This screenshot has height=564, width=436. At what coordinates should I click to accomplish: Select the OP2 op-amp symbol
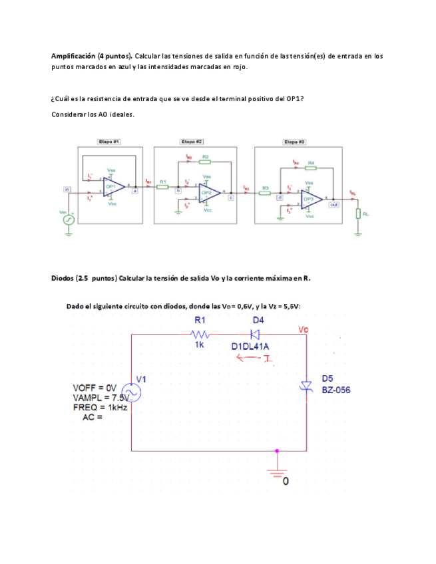tap(207, 193)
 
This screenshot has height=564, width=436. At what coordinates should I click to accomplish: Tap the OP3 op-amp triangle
tap(310, 199)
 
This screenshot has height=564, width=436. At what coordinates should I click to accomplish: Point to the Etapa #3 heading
tap(294, 142)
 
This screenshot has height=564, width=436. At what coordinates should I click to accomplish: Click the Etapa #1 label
tap(109, 142)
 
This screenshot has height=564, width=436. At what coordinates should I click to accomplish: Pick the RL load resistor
tap(358, 213)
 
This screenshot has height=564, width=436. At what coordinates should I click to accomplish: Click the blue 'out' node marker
tap(333, 205)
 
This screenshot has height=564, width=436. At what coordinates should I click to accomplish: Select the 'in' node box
tap(67, 190)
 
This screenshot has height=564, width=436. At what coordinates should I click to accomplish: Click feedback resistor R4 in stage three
tap(311, 169)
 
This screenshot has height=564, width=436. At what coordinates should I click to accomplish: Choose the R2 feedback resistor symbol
tap(205, 162)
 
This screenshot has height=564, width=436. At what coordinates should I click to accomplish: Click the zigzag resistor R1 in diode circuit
tap(199, 334)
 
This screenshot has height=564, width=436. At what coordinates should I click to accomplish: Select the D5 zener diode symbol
tap(306, 386)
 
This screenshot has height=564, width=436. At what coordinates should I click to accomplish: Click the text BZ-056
tap(336, 390)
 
